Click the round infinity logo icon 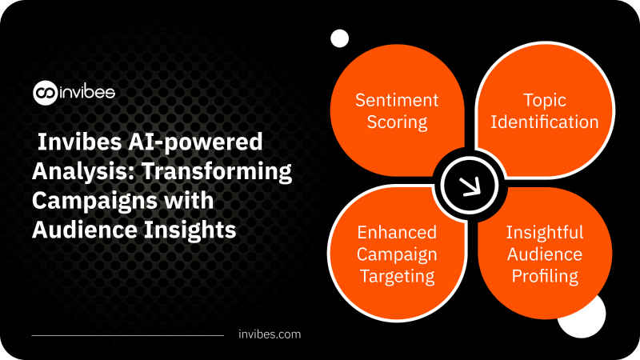pyautogui.click(x=45, y=93)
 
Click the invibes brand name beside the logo pyautogui.click(x=87, y=92)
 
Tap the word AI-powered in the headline pyautogui.click(x=195, y=142)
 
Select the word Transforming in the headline pyautogui.click(x=216, y=171)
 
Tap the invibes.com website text pyautogui.click(x=270, y=334)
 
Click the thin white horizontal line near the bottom pyautogui.click(x=128, y=335)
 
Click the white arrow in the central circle pyautogui.click(x=470, y=187)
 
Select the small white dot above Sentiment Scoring pyautogui.click(x=339, y=38)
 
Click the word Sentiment pyautogui.click(x=397, y=100)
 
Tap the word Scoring pyautogui.click(x=397, y=122)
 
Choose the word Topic pyautogui.click(x=545, y=101)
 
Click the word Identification pyautogui.click(x=545, y=122)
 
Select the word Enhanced pyautogui.click(x=397, y=232)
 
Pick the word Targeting pyautogui.click(x=397, y=276)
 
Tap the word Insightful pyautogui.click(x=545, y=232)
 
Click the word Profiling pyautogui.click(x=545, y=276)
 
